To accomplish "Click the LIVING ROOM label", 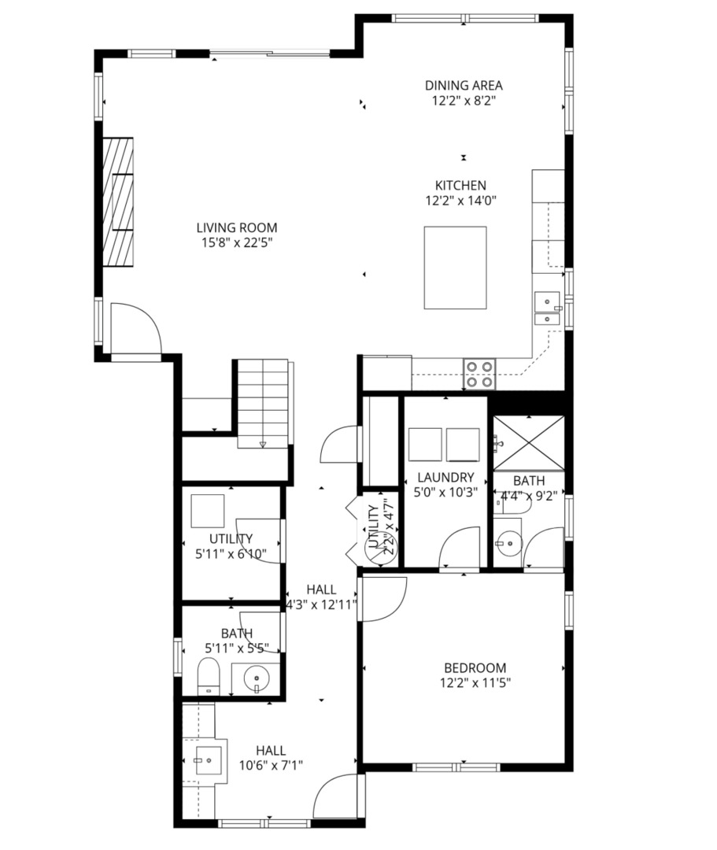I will click(x=237, y=228).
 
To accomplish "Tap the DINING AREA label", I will click(x=464, y=86).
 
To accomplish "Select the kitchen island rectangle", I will click(x=455, y=268).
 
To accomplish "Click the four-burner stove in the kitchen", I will click(x=479, y=374).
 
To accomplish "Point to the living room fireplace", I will click(x=117, y=204).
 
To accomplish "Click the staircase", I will click(x=263, y=403).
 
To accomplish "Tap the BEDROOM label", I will click(x=473, y=668).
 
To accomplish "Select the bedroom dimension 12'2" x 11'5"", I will click(x=473, y=683).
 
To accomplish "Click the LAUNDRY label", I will click(x=445, y=477).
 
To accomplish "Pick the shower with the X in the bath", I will click(x=528, y=443).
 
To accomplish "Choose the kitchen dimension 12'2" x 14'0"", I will click(x=460, y=201).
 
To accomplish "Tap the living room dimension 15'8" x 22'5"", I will click(x=237, y=243).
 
